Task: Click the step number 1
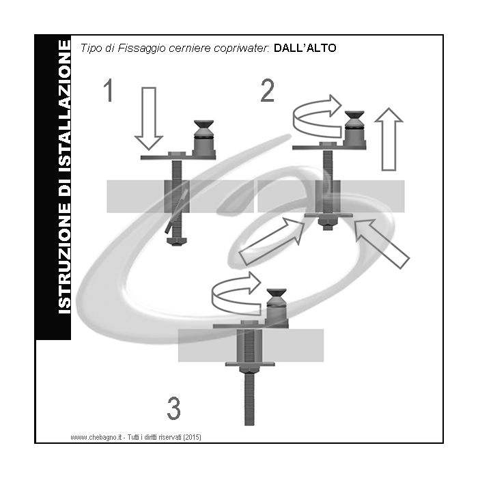(x=108, y=91)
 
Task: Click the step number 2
(x=268, y=91)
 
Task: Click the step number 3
(x=174, y=409)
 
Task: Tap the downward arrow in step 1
(x=149, y=118)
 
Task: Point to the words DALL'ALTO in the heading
(x=305, y=48)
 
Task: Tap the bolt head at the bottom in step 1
(x=175, y=241)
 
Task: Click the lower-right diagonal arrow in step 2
(x=383, y=242)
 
